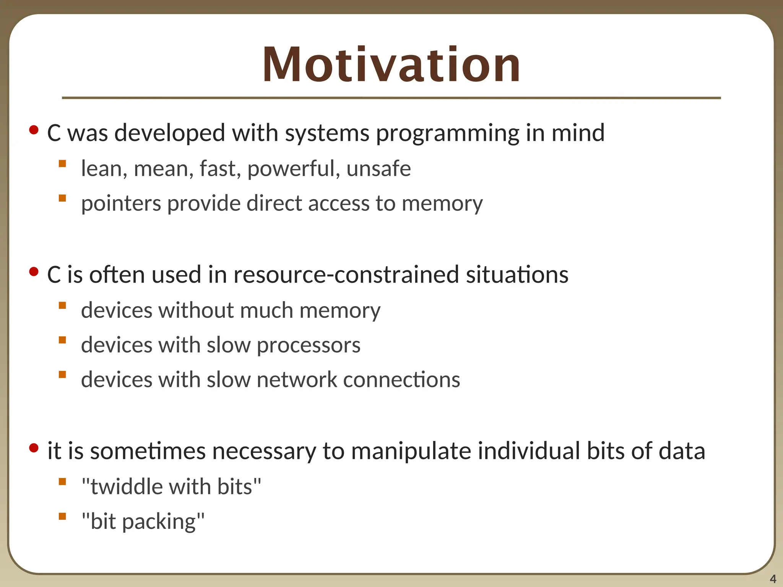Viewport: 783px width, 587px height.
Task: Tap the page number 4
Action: [x=773, y=579]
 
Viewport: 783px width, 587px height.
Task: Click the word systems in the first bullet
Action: [x=327, y=133]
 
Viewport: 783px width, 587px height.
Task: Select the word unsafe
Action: [x=379, y=169]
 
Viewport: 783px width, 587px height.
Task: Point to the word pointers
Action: [x=121, y=203]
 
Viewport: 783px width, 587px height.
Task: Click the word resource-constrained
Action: [x=346, y=274]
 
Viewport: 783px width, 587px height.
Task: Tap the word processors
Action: [x=308, y=345]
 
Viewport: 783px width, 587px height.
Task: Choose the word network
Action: [x=297, y=380]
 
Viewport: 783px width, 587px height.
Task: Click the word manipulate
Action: [x=411, y=451]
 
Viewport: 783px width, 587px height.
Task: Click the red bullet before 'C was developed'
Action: [x=34, y=130]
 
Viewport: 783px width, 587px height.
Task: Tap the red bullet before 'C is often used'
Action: [x=34, y=272]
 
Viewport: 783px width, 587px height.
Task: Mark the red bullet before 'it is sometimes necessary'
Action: [x=34, y=448]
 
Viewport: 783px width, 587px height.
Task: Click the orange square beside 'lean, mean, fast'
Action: [x=62, y=164]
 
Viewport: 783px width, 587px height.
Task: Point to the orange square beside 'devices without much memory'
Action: [x=62, y=305]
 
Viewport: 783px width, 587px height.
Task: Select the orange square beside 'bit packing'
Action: [x=62, y=517]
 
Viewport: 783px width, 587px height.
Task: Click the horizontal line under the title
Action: [x=391, y=98]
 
